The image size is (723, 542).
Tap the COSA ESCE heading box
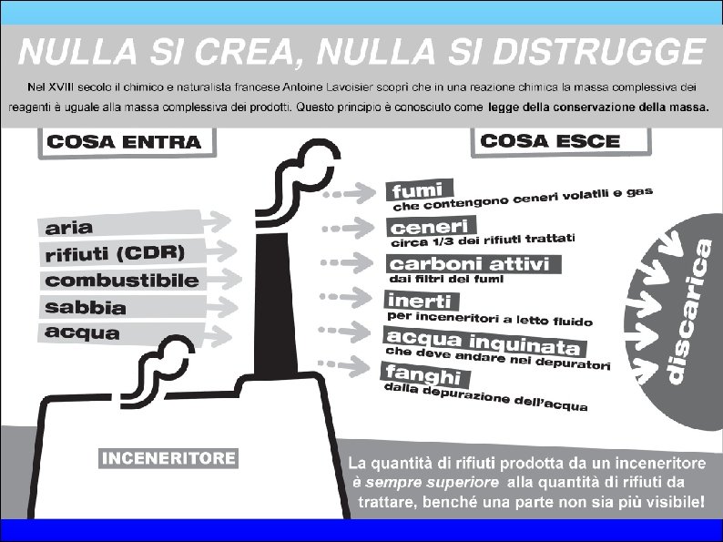pos(550,141)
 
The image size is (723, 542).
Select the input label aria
pos(69,227)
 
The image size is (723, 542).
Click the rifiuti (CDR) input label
pos(115,252)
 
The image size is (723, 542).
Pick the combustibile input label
pos(122,280)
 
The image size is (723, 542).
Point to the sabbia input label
pos(86,307)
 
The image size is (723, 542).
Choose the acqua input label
pos(82,332)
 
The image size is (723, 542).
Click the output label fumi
pos(417,191)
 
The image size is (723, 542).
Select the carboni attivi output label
pos(470,264)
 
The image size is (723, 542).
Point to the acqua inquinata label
pos(483,341)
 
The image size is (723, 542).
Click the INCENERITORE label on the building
pos(168,458)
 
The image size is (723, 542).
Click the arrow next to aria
pos(215,220)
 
